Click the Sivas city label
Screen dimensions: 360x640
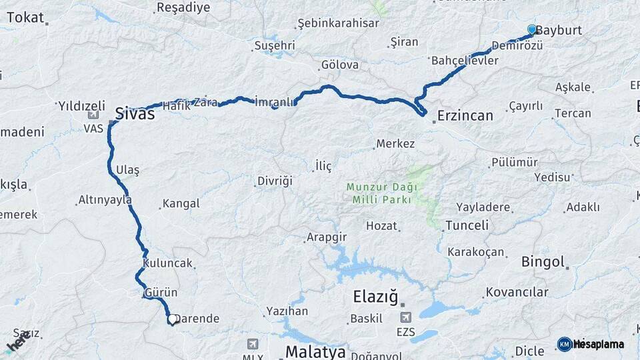click(x=135, y=113)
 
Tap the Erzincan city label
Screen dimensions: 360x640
click(x=465, y=116)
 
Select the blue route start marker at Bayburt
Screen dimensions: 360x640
click(x=532, y=29)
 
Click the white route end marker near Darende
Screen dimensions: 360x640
click(x=172, y=319)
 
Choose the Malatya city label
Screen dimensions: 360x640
click(x=315, y=351)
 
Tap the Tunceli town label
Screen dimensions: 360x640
click(x=467, y=225)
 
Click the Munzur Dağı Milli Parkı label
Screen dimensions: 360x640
click(x=379, y=193)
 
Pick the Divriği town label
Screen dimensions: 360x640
click(x=274, y=181)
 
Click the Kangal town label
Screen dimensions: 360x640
click(x=181, y=203)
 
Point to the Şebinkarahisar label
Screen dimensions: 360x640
click(x=338, y=23)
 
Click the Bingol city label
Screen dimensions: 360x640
click(x=543, y=261)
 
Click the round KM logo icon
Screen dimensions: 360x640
click(x=565, y=344)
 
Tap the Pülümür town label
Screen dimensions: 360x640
click(x=514, y=163)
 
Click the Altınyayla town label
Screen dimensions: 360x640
click(x=105, y=199)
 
